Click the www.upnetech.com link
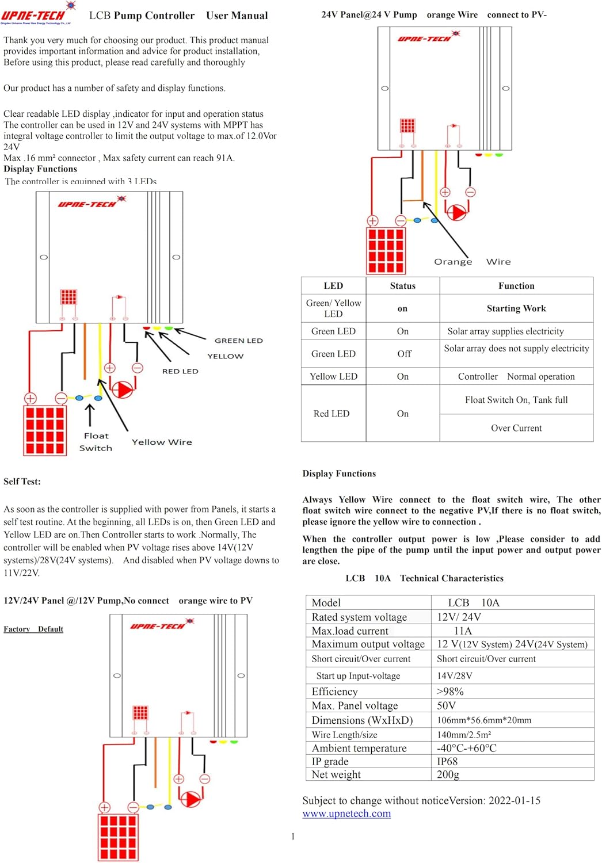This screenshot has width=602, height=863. tap(346, 814)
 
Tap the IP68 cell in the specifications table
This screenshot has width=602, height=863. tap(447, 761)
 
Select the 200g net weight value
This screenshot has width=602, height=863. tap(448, 774)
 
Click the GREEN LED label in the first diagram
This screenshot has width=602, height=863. tap(238, 341)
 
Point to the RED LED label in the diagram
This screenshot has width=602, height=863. tap(180, 371)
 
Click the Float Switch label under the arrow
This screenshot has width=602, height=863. tap(96, 442)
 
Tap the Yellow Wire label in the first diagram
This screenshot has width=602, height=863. tap(162, 442)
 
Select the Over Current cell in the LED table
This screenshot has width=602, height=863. tap(516, 428)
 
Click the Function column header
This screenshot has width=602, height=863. tap(516, 286)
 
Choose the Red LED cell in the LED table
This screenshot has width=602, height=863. tap(332, 414)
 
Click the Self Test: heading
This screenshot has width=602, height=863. tap(22, 482)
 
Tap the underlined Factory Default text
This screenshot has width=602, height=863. tap(33, 629)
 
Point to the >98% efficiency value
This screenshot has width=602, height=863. tap(450, 692)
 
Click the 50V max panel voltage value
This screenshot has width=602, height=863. tap(446, 705)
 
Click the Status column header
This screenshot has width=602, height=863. tap(402, 286)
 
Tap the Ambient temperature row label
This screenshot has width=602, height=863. tap(359, 748)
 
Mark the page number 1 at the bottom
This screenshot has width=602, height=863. tap(292, 837)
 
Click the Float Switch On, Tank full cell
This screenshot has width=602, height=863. tap(516, 400)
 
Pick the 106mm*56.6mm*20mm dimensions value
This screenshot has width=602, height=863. tap(484, 720)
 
